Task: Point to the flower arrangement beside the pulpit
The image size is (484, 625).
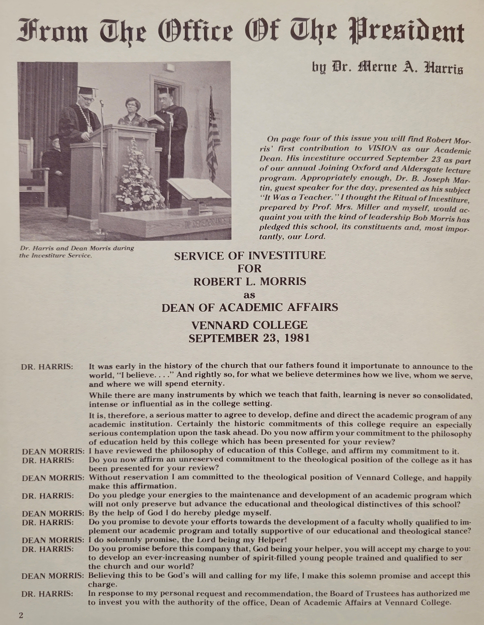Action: [138, 177]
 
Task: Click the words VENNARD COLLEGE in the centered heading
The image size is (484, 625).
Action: [249, 325]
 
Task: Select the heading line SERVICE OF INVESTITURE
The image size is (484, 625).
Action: [250, 256]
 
